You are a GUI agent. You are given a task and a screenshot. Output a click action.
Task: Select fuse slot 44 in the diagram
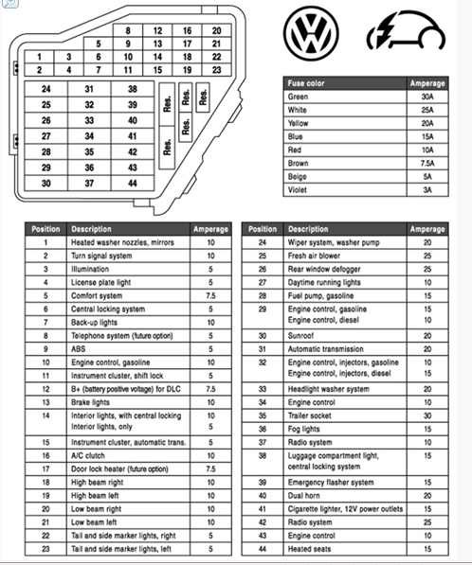(132, 183)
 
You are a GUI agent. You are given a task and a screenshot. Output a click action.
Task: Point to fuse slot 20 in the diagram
(217, 30)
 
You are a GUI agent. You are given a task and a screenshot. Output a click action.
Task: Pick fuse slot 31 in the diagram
(89, 89)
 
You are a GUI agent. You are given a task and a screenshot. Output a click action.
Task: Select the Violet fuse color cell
(297, 189)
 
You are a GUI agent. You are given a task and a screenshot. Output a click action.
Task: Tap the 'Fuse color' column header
(306, 83)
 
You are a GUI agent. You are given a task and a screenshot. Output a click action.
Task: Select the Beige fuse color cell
(297, 176)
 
